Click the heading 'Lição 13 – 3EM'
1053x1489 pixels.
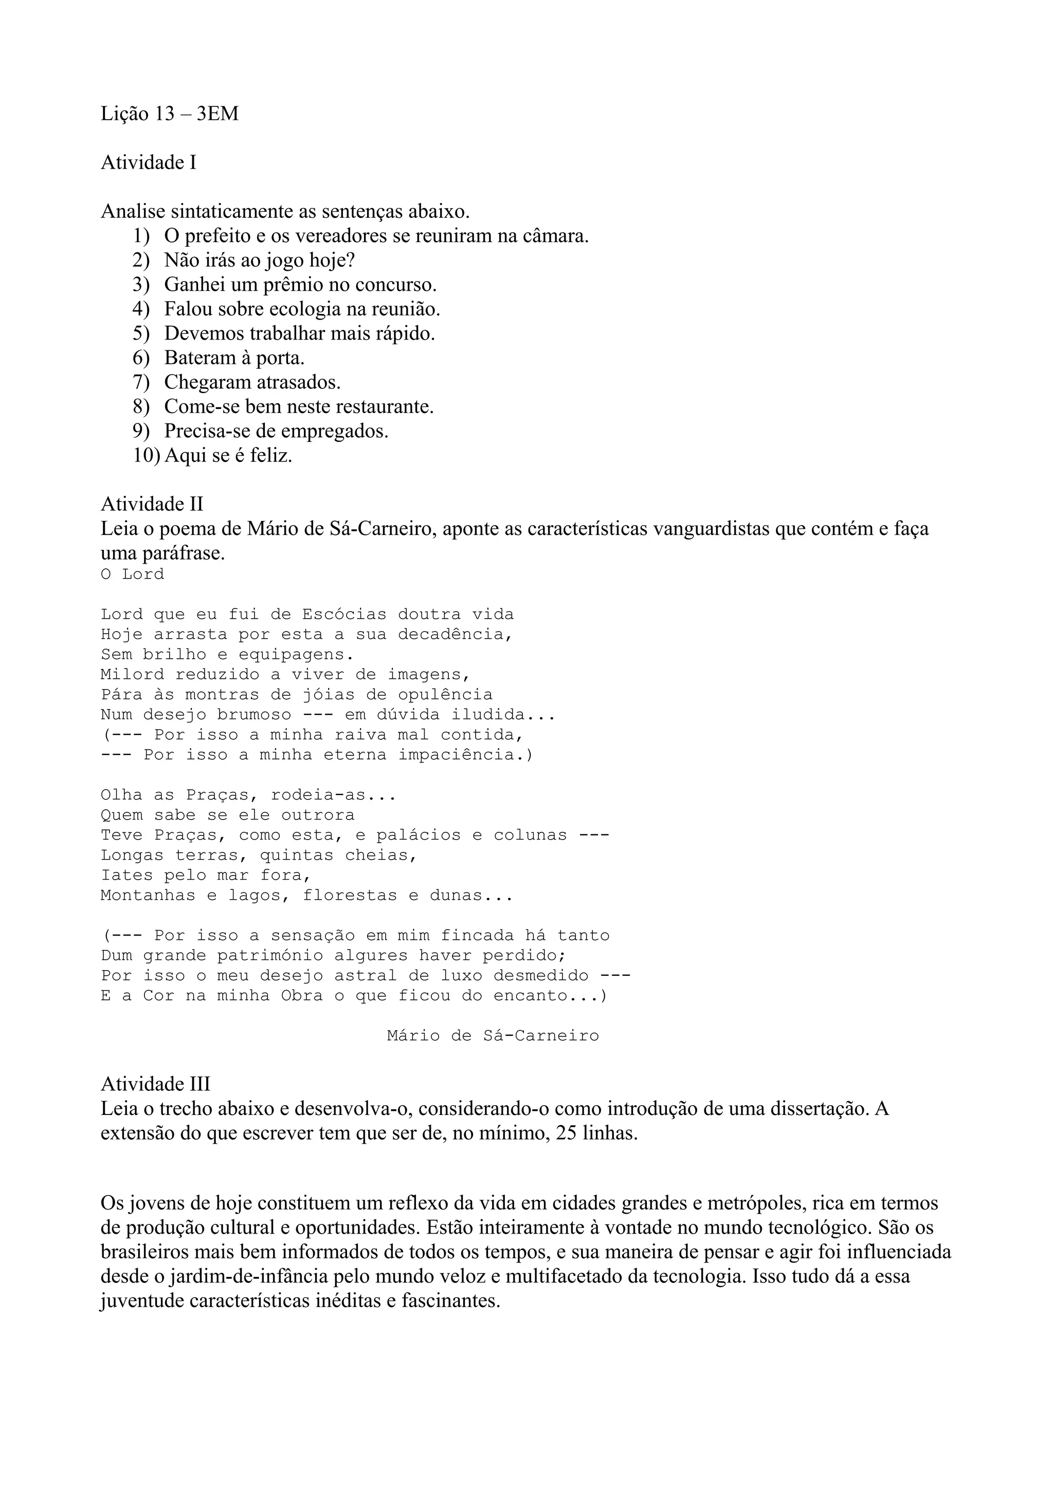pos(169,114)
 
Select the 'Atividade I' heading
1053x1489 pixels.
pos(148,163)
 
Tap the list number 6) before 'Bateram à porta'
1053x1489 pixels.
pos(141,358)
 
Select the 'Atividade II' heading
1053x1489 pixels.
pos(152,504)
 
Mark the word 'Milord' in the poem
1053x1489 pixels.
pos(132,675)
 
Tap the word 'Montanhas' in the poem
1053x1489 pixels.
pos(148,896)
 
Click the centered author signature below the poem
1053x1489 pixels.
pos(493,1036)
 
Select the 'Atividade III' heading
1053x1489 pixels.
pos(155,1084)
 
